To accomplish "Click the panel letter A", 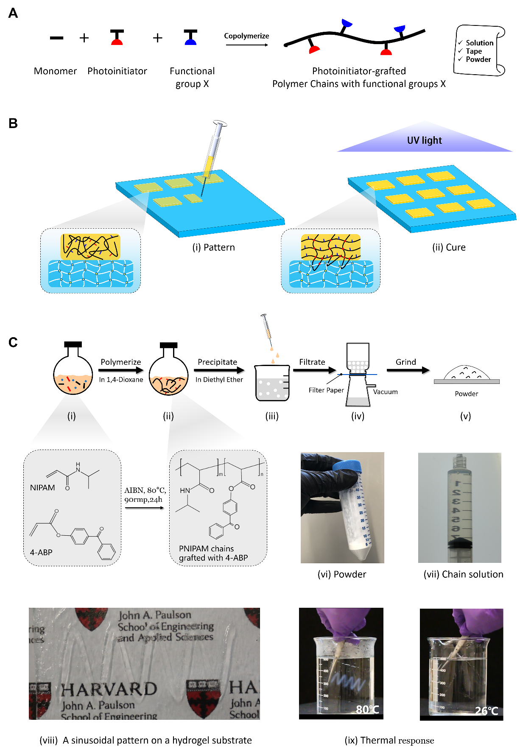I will point(13,14).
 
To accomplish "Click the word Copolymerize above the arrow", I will point(246,36).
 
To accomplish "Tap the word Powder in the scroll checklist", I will point(478,59).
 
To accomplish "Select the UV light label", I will point(424,140).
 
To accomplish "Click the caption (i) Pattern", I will point(213,247).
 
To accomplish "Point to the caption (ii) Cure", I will point(449,247).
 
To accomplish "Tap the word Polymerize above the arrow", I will point(120,362).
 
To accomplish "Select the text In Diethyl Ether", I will point(219,380).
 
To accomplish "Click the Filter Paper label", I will point(326,390).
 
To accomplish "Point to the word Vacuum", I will point(385,392).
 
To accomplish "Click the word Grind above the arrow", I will point(405,362).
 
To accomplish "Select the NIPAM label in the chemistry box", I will point(42,488).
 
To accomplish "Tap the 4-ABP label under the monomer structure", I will point(41,552).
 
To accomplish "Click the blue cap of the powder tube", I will point(347,467).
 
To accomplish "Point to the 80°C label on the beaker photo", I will point(367,709).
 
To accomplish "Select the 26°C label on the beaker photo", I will point(486,710).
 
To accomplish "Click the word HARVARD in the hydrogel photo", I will point(109,689).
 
